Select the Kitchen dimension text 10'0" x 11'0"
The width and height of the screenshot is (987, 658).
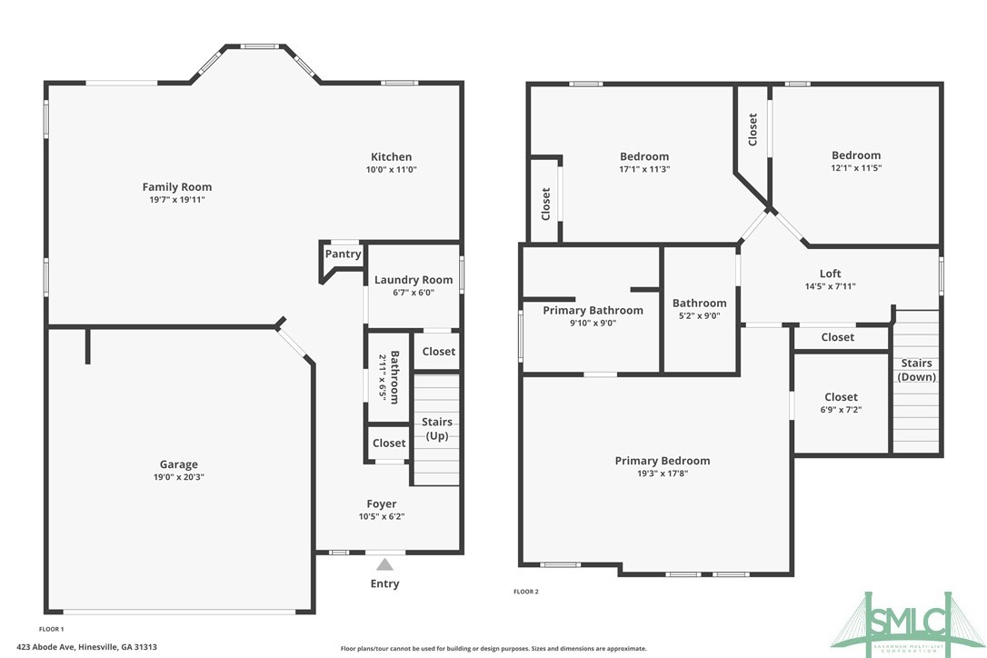pyautogui.click(x=391, y=170)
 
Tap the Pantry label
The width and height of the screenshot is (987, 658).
pyautogui.click(x=343, y=254)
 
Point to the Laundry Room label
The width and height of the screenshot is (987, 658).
pyautogui.click(x=414, y=280)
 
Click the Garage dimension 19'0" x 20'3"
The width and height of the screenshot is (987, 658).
pyautogui.click(x=179, y=477)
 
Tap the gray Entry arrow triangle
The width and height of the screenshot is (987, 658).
pyautogui.click(x=385, y=564)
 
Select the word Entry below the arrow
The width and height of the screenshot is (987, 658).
pyautogui.click(x=384, y=583)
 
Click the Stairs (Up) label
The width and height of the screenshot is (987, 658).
pyautogui.click(x=437, y=429)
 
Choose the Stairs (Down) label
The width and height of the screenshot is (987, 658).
pyautogui.click(x=916, y=370)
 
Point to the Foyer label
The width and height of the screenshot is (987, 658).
pyautogui.click(x=382, y=503)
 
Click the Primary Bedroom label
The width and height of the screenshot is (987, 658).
pyautogui.click(x=663, y=461)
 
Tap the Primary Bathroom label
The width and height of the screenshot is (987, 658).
pyautogui.click(x=593, y=310)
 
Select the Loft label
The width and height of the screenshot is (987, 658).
pyautogui.click(x=830, y=274)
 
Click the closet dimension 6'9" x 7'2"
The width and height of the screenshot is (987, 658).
pyautogui.click(x=841, y=410)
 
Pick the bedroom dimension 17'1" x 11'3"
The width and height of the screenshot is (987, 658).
pyautogui.click(x=644, y=169)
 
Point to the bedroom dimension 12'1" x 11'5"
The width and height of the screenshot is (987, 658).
pyautogui.click(x=855, y=168)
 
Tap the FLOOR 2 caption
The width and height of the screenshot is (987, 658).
pyautogui.click(x=526, y=592)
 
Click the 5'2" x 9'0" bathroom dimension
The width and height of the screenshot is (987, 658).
pyautogui.click(x=699, y=316)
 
